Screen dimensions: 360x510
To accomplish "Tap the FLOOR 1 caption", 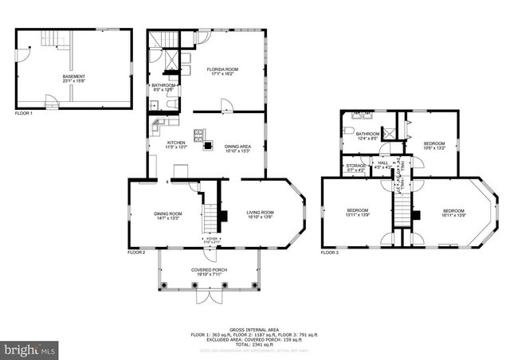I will point(24,114).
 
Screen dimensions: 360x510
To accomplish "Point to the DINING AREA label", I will point(237,148).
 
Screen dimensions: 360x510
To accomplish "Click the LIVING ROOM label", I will point(260,214).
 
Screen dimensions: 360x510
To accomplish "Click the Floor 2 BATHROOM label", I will point(163,87).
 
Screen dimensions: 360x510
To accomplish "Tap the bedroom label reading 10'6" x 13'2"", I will point(433,146).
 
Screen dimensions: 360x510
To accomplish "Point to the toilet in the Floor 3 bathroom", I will point(349,129).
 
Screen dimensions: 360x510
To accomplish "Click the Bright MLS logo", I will point(29,349).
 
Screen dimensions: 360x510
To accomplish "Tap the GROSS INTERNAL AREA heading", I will point(254,328).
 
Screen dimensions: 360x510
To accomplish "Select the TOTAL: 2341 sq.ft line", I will point(254,344).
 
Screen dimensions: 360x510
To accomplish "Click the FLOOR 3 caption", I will point(330,252).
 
